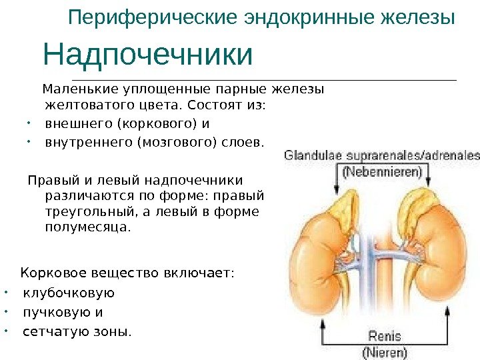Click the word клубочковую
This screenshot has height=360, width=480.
(69, 293)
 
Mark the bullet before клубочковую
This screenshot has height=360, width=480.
(7, 293)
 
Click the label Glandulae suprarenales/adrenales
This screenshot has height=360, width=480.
(382, 155)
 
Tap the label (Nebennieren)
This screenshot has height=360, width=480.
(382, 171)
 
